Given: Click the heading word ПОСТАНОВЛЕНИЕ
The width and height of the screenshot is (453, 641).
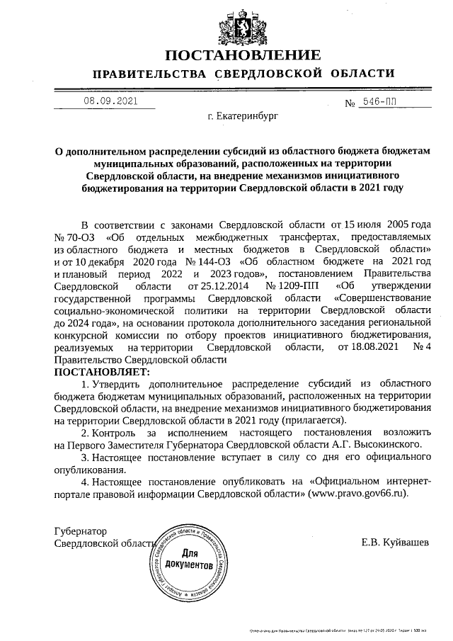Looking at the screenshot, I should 243,55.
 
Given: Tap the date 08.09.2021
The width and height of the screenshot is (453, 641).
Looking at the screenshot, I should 110,101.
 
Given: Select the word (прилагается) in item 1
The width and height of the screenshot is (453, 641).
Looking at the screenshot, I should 319,420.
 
